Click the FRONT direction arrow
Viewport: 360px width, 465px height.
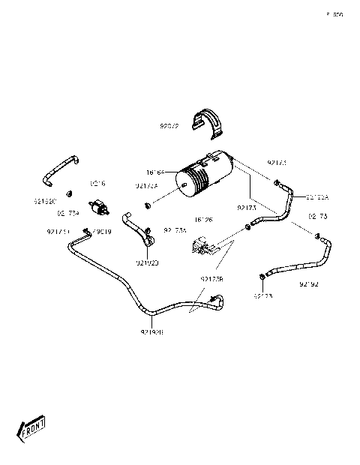[x=32, y=429]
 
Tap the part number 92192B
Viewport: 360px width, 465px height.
[x=152, y=331]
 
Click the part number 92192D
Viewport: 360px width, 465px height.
[x=148, y=262]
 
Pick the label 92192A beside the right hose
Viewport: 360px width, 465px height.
[x=317, y=196]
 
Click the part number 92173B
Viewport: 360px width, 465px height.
[x=212, y=279]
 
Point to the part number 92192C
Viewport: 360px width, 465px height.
[x=45, y=201]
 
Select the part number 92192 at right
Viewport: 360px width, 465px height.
[x=309, y=284]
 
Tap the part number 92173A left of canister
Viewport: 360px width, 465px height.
[x=146, y=186]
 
